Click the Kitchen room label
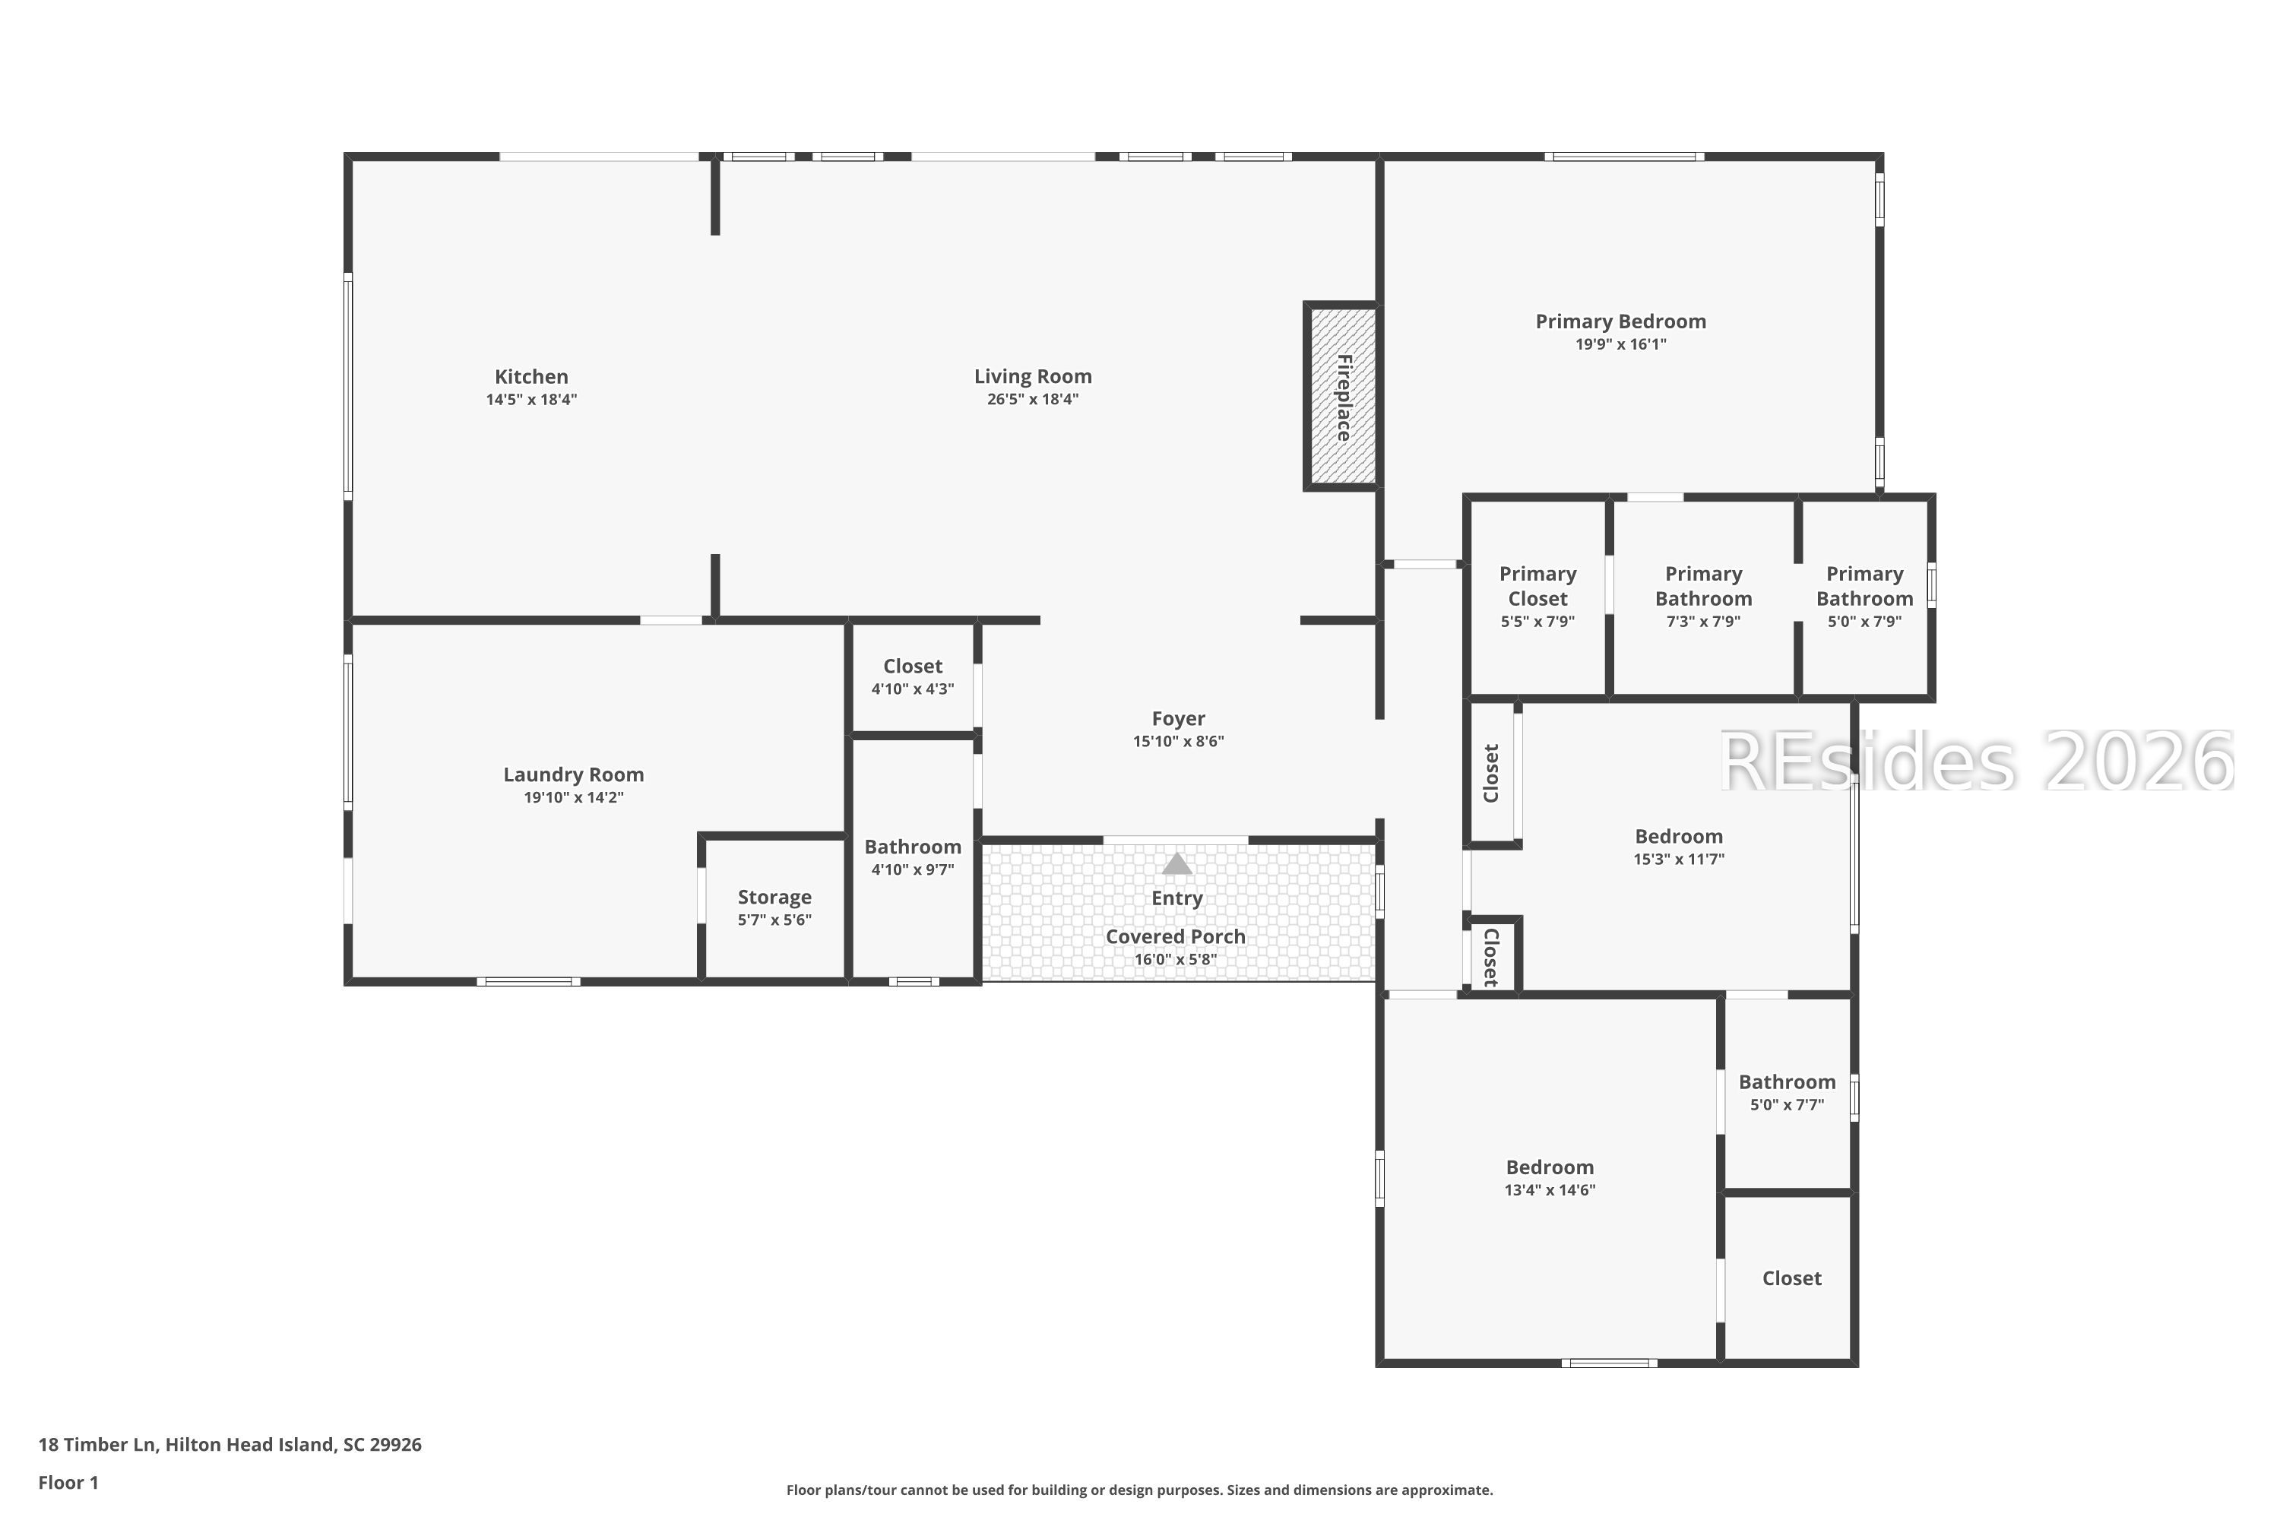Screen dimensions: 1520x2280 [531, 377]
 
